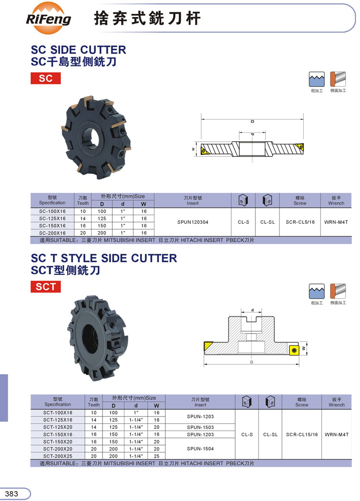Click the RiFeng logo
[x=49, y=18]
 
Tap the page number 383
[x=11, y=494]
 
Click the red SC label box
[x=46, y=78]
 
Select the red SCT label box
[x=46, y=287]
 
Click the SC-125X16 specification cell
[x=52, y=219]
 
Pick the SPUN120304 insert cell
[x=193, y=222]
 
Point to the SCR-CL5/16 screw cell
[x=300, y=222]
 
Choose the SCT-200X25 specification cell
[x=58, y=456]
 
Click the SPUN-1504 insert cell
[x=200, y=449]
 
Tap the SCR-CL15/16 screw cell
[x=302, y=435]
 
